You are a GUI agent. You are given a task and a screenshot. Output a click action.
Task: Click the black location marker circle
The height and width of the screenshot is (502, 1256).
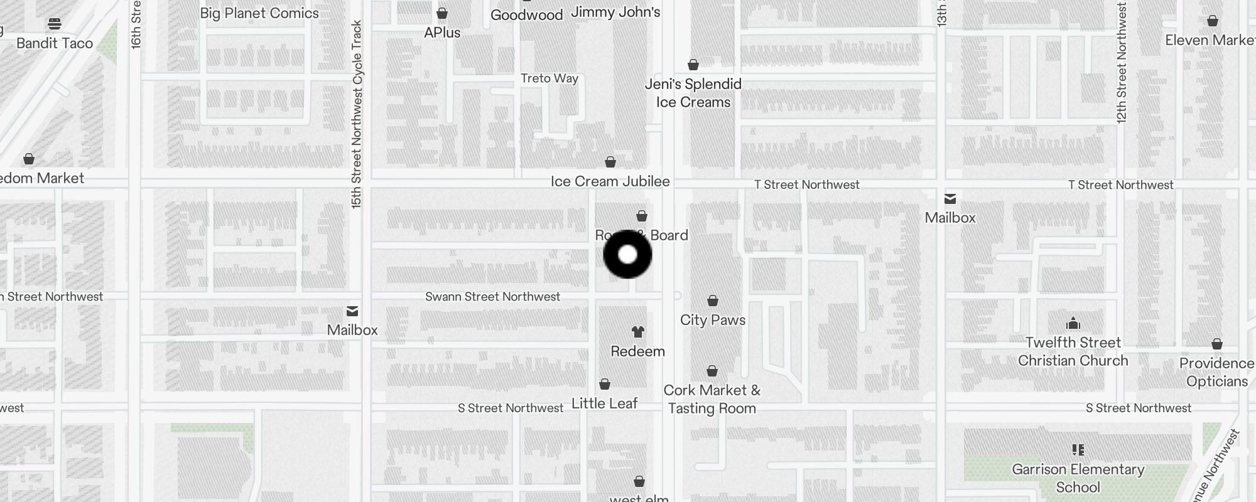point(627,254)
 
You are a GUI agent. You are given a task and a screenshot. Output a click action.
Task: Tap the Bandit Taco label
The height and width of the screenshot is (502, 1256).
point(55,43)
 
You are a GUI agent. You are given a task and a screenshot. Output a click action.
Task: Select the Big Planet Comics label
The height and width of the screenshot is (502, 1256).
point(259,13)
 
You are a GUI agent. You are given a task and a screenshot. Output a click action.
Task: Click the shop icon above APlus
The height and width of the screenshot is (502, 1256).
point(442,13)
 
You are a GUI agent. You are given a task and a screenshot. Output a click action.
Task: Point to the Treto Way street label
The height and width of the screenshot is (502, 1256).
point(549,78)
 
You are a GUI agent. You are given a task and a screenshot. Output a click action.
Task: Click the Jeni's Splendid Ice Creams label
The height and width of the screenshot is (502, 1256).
point(693,93)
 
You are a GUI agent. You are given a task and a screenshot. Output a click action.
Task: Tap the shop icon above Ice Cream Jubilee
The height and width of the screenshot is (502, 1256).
point(610,163)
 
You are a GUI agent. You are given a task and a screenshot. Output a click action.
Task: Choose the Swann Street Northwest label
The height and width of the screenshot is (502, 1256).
point(492,297)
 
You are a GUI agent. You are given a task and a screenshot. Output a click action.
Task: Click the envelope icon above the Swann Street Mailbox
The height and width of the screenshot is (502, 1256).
point(352,311)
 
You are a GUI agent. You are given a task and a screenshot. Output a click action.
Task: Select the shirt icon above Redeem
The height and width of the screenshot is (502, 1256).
point(638,332)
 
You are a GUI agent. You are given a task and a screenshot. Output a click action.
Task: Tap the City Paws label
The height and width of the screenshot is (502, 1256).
point(713,320)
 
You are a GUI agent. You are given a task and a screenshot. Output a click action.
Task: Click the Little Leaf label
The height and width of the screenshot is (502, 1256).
point(604,403)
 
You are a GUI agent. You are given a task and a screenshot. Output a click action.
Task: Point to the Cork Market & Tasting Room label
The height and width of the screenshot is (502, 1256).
point(712,399)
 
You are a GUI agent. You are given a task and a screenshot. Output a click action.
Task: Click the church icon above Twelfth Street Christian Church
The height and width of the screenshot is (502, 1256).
point(1073,324)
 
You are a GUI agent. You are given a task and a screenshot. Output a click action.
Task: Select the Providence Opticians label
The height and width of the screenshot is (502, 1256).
point(1216,372)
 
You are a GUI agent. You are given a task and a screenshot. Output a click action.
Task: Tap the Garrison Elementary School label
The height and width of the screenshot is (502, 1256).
point(1078,478)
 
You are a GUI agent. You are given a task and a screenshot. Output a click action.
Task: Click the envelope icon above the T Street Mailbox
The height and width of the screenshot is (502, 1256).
point(950,200)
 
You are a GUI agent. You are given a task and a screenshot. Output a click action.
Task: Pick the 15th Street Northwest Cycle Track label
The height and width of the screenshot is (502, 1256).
point(357,114)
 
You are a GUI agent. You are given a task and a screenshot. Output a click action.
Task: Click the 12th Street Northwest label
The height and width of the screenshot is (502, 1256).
point(1122,63)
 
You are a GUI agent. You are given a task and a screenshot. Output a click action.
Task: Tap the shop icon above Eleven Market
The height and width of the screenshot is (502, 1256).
point(1213,21)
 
